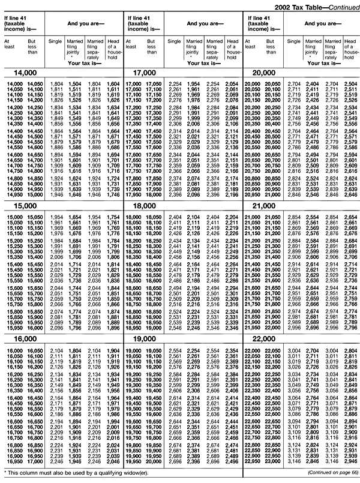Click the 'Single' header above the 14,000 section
tap(55, 41)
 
